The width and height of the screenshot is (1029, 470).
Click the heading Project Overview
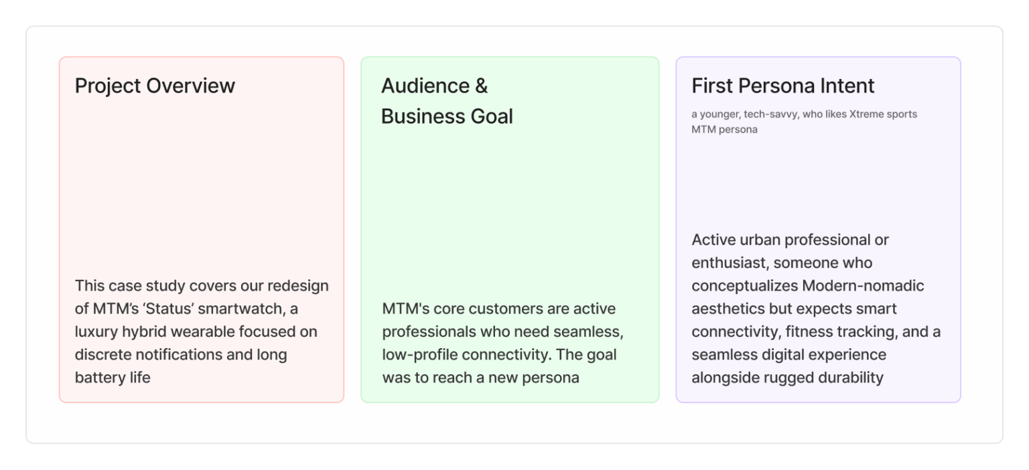155,86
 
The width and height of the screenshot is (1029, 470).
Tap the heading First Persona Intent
782,86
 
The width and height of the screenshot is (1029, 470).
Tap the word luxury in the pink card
96,332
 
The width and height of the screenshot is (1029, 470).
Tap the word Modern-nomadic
863,285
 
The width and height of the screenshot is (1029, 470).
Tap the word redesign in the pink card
298,286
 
